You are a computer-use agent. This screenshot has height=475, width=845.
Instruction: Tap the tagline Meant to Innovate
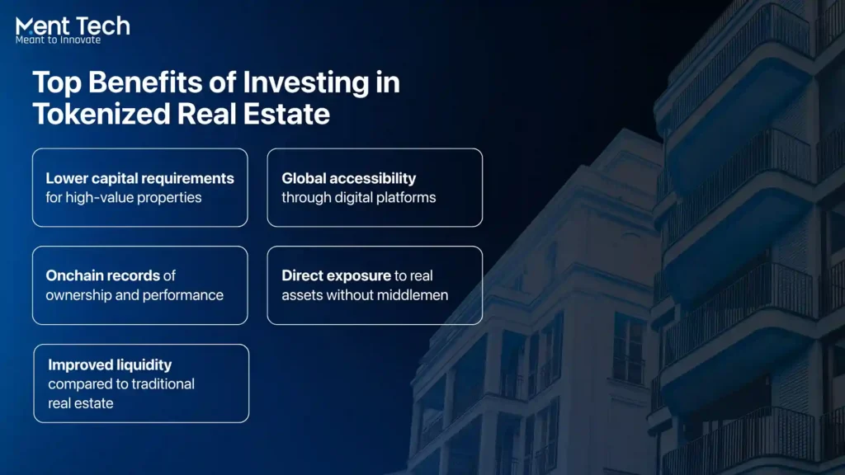(59, 40)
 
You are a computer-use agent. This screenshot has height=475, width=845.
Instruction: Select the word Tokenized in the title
(101, 114)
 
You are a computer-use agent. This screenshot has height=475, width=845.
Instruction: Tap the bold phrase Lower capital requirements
(139, 178)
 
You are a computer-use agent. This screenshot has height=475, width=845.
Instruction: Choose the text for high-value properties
(124, 198)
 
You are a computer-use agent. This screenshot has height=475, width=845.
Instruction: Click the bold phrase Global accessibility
(349, 178)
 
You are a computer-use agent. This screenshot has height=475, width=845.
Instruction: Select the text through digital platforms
(358, 198)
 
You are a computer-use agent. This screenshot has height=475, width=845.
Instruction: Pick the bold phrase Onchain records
(103, 275)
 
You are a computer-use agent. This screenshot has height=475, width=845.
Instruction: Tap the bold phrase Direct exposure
(336, 275)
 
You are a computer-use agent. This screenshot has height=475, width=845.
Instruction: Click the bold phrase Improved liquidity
(110, 365)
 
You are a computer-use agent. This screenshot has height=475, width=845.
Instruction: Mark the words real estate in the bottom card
(80, 403)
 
